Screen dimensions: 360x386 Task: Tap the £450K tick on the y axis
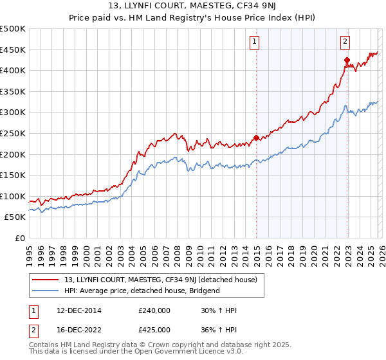(x=13, y=50)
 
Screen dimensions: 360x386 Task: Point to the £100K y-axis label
(x=13, y=196)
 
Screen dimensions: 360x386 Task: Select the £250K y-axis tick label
(x=13, y=133)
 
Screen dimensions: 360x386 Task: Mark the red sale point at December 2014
(x=256, y=138)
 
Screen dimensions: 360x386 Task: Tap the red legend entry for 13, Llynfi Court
(x=161, y=280)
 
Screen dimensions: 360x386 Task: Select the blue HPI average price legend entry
(x=142, y=291)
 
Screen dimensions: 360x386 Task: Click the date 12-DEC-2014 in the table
(x=74, y=310)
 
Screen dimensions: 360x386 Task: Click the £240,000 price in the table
(x=154, y=310)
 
